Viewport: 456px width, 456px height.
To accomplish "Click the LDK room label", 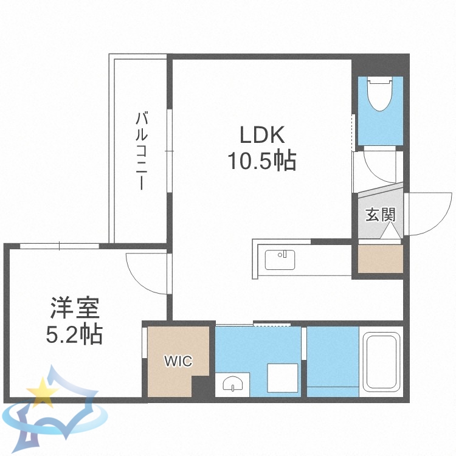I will coord(261,134).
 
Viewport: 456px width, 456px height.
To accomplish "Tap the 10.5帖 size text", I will coord(261,161).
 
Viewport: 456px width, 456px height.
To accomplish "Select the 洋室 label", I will coord(74,309).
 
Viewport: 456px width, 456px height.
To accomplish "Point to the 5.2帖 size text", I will coord(74,334).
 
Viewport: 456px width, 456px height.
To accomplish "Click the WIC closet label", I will coord(178,361).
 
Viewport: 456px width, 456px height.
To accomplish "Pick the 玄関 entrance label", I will coord(380,215).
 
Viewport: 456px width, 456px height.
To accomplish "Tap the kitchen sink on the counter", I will coord(280,260).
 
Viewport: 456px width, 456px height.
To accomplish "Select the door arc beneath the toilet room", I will coord(378,171).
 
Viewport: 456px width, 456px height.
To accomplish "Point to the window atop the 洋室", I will coord(60,246).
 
